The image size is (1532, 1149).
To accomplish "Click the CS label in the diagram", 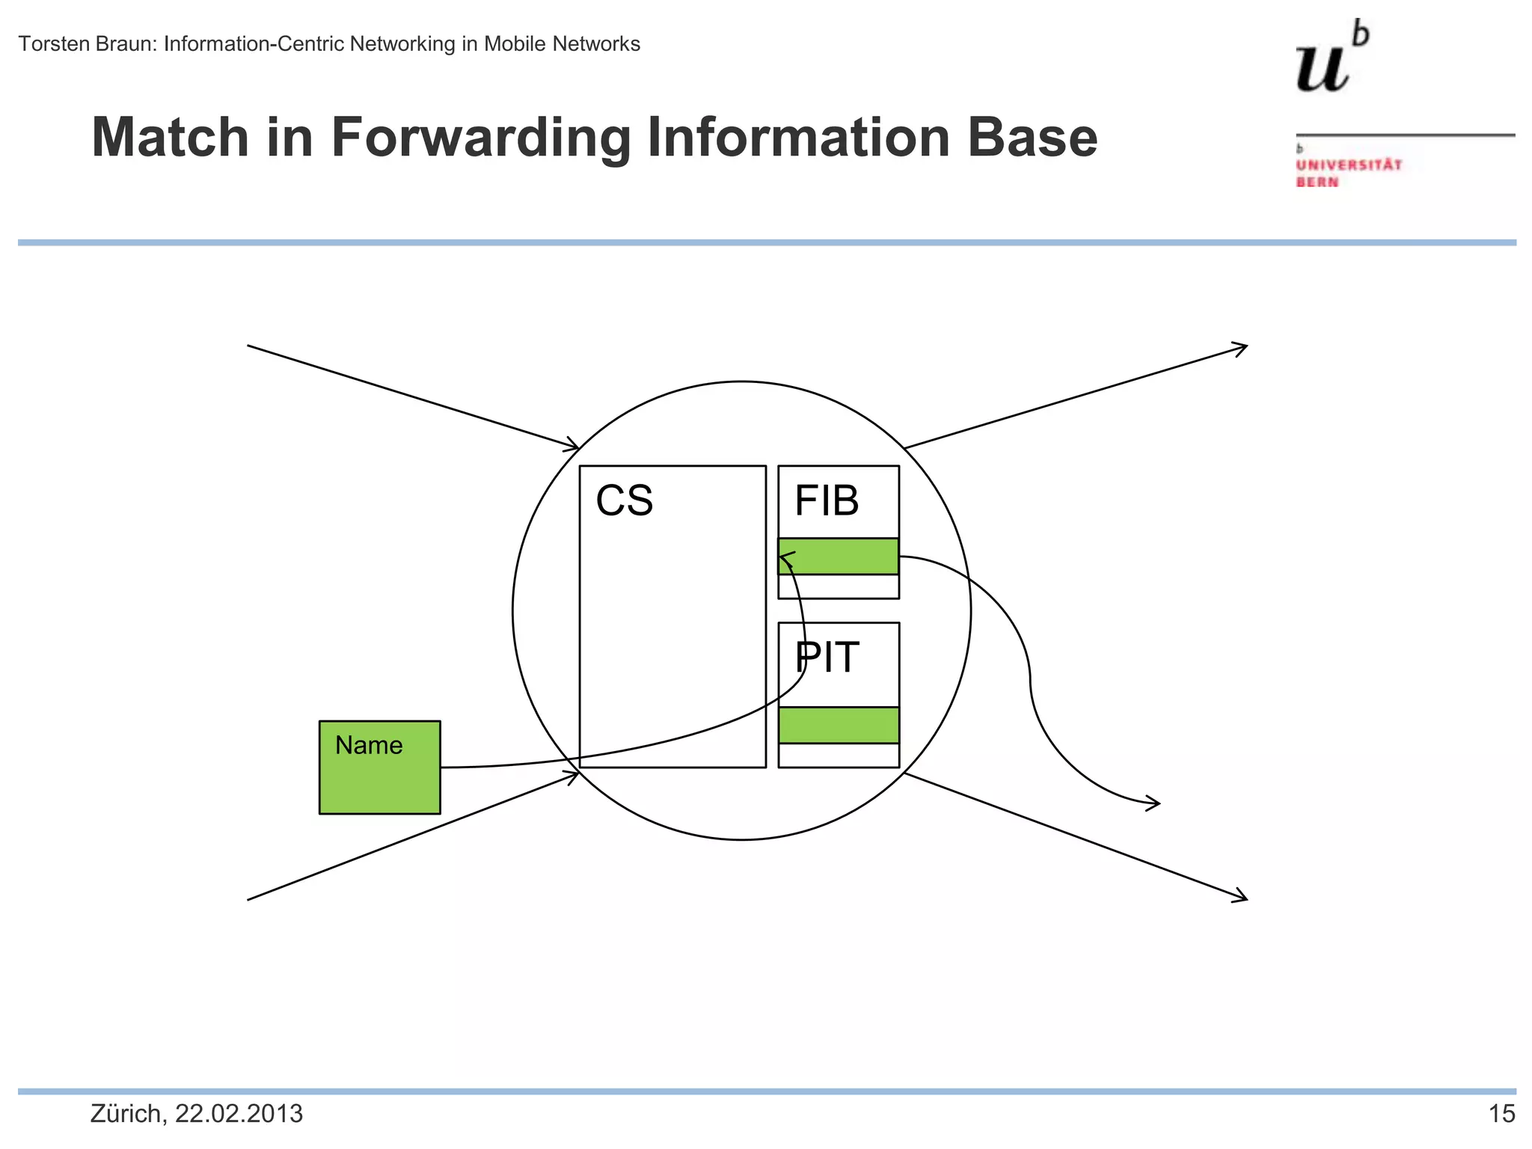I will coord(624,500).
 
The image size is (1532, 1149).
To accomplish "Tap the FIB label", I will coord(826,500).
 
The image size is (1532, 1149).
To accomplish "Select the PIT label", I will coord(827,658).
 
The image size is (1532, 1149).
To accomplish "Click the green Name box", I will coord(379,767).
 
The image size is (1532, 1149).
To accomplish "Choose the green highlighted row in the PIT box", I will coord(839,725).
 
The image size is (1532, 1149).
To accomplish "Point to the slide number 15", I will coord(1501,1114).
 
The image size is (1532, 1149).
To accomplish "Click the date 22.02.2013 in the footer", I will coord(239,1114).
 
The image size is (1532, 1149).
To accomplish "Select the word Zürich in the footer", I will coord(125,1114).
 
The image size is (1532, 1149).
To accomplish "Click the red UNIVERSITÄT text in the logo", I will coord(1349,165).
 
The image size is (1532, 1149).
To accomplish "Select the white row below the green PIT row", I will coord(839,755).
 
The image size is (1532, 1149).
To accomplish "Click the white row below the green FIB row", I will coord(839,586).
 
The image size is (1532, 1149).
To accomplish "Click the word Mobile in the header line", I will coord(515,44).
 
